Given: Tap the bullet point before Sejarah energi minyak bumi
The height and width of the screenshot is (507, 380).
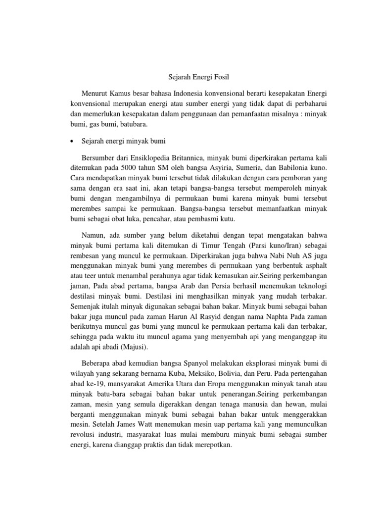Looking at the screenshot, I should coord(72,142).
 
